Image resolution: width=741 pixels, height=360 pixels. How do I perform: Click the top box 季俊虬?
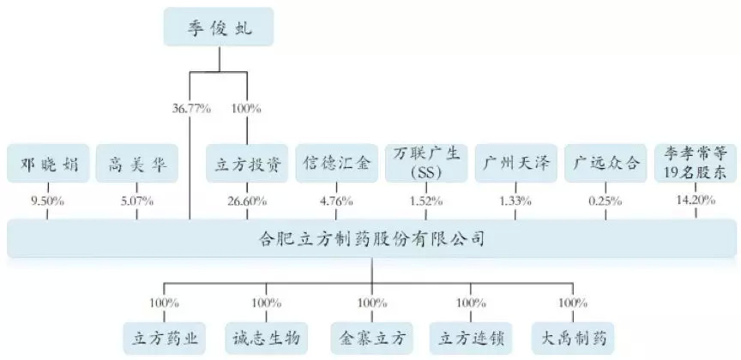click(219, 27)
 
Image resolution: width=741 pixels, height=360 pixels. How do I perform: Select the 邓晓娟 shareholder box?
click(48, 163)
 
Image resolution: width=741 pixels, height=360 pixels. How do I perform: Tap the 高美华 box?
click(137, 163)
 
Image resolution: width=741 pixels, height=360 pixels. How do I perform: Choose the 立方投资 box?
click(247, 163)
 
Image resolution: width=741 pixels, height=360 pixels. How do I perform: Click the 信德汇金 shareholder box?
click(336, 163)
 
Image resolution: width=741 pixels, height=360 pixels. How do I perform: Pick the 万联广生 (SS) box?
click(427, 163)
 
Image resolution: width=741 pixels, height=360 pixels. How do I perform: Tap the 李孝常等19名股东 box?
click(695, 162)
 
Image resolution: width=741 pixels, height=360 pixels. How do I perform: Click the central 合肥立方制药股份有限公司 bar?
click(370, 237)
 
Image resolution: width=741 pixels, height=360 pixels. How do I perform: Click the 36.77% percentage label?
click(191, 109)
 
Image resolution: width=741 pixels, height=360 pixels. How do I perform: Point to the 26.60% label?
click(247, 202)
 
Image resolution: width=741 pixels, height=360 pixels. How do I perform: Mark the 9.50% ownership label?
click(48, 202)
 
